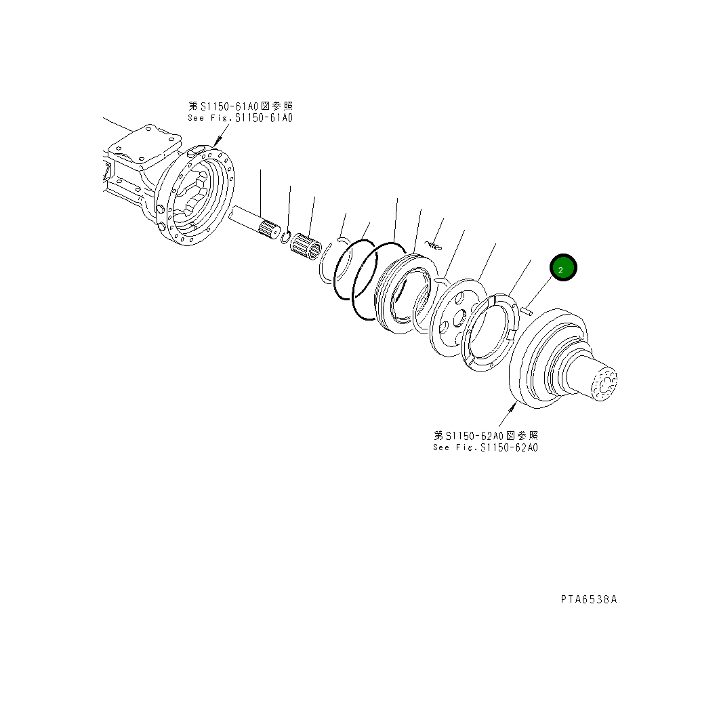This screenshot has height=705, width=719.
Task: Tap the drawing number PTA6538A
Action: click(588, 599)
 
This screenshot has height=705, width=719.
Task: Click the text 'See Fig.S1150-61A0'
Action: click(240, 118)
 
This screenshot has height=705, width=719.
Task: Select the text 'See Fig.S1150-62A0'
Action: click(486, 447)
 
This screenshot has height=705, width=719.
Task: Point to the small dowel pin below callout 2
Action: click(529, 310)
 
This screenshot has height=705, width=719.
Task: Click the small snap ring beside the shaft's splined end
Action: click(286, 237)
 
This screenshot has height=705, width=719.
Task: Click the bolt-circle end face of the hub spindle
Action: click(602, 384)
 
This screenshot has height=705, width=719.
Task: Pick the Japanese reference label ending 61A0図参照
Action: click(240, 106)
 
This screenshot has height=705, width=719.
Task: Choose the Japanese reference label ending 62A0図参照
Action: click(486, 435)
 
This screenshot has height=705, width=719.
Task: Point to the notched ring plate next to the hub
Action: click(492, 330)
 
